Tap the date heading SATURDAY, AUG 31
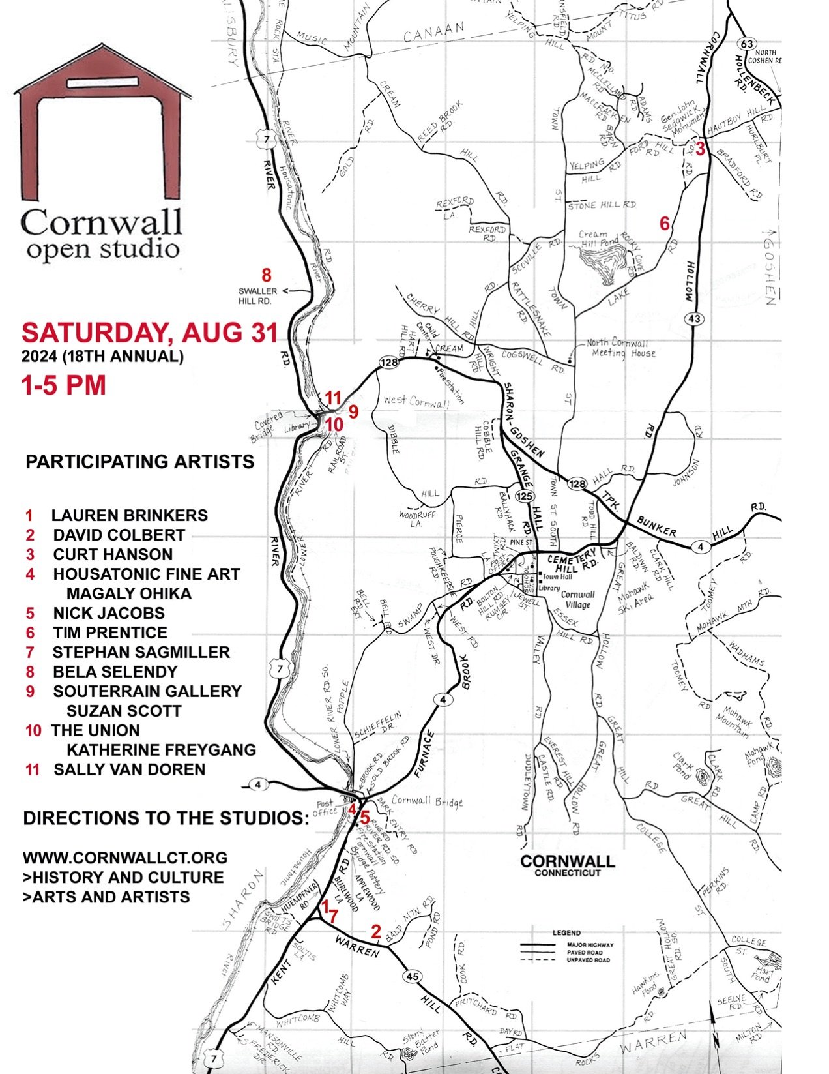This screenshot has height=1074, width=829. click(x=149, y=333)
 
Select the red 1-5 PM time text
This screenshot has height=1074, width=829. click(x=63, y=385)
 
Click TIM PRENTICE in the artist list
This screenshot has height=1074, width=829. click(x=109, y=633)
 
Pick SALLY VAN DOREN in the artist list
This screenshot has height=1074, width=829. click(x=129, y=769)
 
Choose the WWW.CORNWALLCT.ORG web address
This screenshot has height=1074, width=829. click(x=125, y=858)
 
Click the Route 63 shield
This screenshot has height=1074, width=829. click(x=747, y=44)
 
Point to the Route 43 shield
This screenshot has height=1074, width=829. click(x=693, y=318)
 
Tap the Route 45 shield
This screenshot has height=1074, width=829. click(x=413, y=976)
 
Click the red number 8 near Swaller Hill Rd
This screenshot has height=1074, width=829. click(x=266, y=275)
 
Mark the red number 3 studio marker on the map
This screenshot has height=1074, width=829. click(x=700, y=149)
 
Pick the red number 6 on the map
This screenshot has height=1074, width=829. click(x=664, y=224)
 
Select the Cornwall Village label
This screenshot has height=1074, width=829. click(x=578, y=599)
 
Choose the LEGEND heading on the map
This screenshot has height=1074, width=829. click(x=566, y=933)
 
